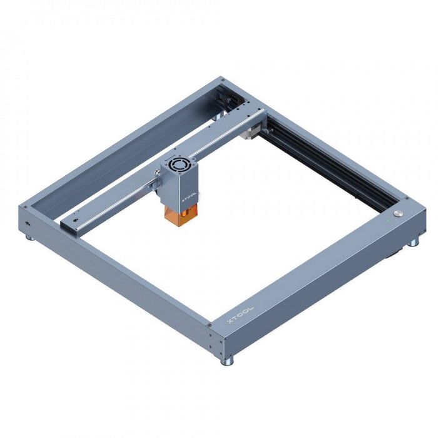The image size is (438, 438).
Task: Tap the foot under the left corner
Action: [29, 236]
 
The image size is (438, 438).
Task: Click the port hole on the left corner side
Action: [27, 223]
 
